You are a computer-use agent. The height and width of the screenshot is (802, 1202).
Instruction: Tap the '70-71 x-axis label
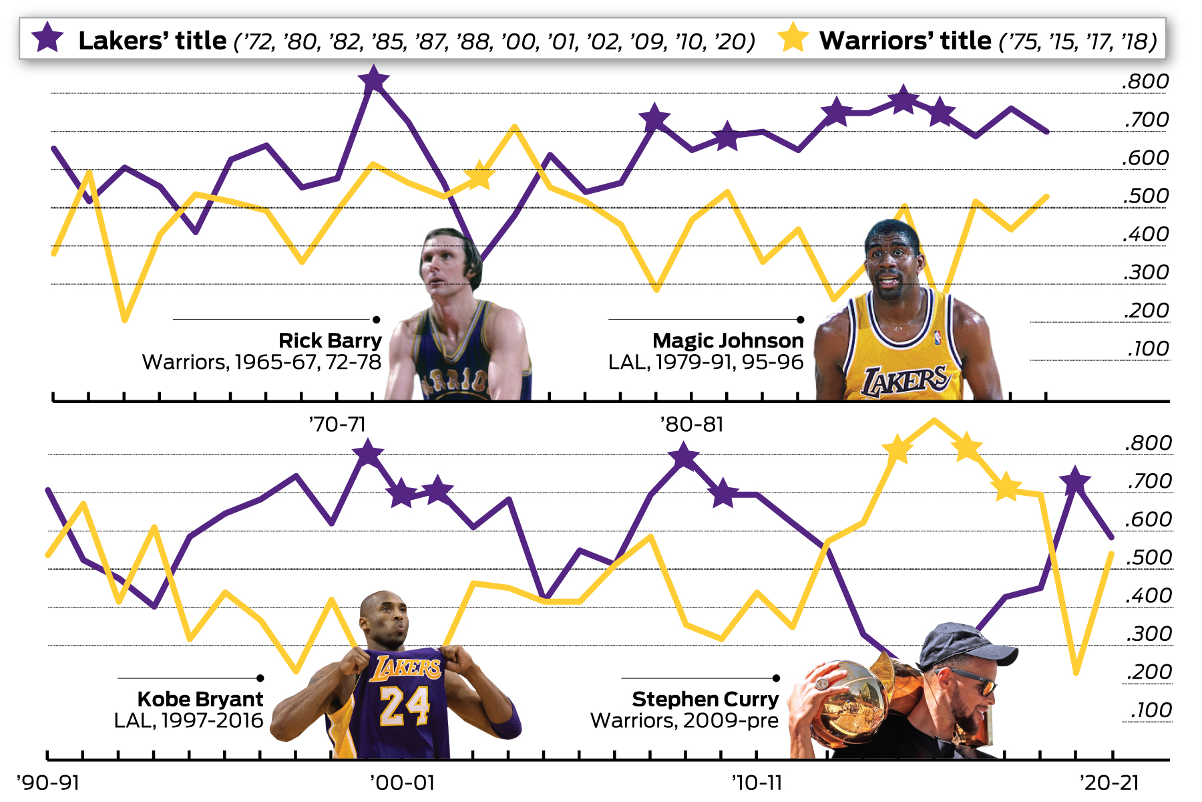337,424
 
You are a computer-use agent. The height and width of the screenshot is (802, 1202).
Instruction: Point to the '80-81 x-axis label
692,424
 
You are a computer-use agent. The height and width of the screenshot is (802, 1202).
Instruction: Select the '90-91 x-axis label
48,783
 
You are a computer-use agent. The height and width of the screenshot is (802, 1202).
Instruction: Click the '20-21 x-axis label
1110,783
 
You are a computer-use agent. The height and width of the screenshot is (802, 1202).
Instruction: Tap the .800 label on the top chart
1146,82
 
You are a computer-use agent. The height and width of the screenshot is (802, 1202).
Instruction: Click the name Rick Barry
330,341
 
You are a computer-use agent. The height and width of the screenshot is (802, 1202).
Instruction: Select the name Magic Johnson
728,341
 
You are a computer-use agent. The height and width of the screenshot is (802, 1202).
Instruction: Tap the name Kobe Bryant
200,699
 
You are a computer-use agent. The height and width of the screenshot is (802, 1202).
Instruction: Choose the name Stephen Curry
705,699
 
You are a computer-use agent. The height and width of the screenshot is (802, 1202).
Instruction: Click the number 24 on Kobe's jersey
404,705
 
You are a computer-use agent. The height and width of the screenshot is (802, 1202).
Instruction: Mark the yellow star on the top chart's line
479,175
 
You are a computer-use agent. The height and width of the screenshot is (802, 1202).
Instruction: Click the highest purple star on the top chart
374,80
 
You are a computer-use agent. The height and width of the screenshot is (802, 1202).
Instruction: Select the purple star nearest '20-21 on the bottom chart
1075,481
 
